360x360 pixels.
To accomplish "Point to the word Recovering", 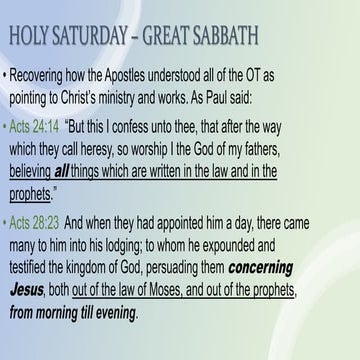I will pos(50,75).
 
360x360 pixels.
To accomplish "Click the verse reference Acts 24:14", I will pos(42,129).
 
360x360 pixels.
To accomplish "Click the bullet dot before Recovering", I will pos(10,75).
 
